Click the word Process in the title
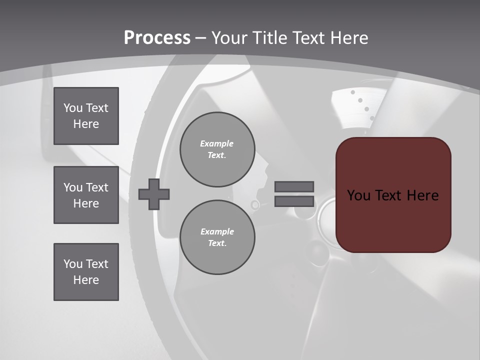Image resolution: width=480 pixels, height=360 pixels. click(x=157, y=37)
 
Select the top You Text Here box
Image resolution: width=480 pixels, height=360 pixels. click(x=86, y=116)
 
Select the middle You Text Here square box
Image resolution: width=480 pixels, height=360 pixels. click(x=86, y=195)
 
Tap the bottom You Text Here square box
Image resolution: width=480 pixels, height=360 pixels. click(x=86, y=272)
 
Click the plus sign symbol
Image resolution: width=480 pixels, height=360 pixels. click(x=154, y=194)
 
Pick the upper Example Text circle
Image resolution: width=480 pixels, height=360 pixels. click(x=217, y=149)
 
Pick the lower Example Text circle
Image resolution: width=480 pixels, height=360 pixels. click(x=217, y=237)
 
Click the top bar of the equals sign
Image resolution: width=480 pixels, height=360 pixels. click(x=294, y=187)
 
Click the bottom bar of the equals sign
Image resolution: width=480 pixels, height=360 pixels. click(x=294, y=201)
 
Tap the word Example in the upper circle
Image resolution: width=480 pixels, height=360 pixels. click(x=217, y=143)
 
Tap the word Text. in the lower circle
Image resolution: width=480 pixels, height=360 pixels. click(x=217, y=243)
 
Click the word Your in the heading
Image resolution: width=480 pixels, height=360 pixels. click(x=230, y=37)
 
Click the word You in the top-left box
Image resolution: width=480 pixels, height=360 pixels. click(x=73, y=108)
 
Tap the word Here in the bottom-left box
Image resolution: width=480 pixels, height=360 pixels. click(x=86, y=280)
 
